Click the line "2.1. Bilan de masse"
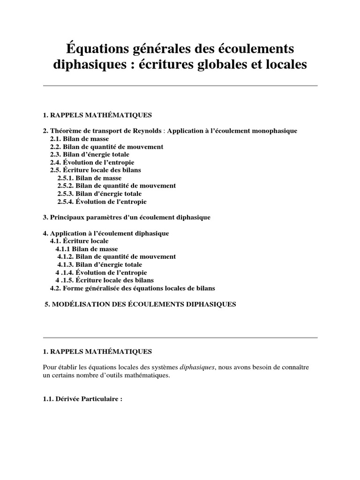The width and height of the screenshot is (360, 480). pyautogui.click(x=79, y=139)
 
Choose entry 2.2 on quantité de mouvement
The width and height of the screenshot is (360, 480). pyautogui.click(x=106, y=147)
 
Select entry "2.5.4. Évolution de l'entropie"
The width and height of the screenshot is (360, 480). pyautogui.click(x=102, y=202)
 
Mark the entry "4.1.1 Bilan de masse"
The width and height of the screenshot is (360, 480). pyautogui.click(x=87, y=249)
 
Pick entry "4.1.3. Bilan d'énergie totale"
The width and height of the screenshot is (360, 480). pyautogui.click(x=99, y=264)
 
